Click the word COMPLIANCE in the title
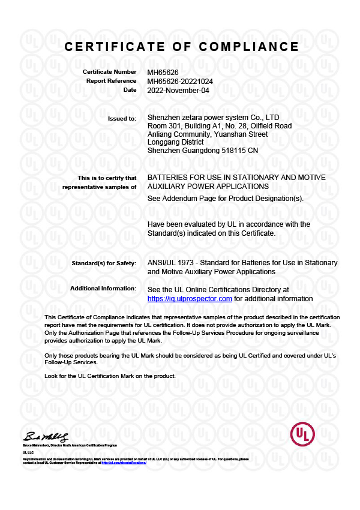pyautogui.click(x=249, y=47)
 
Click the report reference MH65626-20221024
pyautogui.click(x=180, y=81)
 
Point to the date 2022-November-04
pyautogui.click(x=178, y=90)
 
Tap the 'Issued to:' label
pyautogui.click(x=122, y=118)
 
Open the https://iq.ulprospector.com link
pyautogui.click(x=190, y=298)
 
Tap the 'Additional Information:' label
pyautogui.click(x=103, y=289)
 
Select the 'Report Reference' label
pyautogui.click(x=111, y=81)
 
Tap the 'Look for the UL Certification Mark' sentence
pyautogui.click(x=110, y=376)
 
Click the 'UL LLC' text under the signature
pyautogui.click(x=28, y=452)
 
